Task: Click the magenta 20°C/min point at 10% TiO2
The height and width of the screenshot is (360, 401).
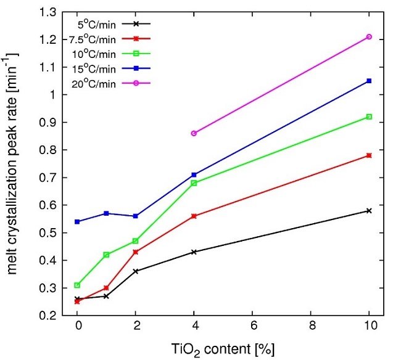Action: point(369,37)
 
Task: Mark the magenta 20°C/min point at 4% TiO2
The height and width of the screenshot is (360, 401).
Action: point(194,133)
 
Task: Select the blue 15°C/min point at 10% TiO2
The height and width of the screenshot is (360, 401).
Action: point(369,81)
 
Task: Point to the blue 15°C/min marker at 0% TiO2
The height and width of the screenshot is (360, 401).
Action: point(77,222)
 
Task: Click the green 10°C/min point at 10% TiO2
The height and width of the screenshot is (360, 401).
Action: point(369,117)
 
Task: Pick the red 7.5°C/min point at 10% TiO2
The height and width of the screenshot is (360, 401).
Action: point(369,155)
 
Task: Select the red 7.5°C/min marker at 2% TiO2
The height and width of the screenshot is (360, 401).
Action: point(136,252)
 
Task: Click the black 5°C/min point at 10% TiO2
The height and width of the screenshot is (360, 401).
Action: point(369,211)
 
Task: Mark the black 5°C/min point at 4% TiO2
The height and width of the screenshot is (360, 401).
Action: point(194,252)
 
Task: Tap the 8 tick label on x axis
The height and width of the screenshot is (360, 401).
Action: point(310,325)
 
